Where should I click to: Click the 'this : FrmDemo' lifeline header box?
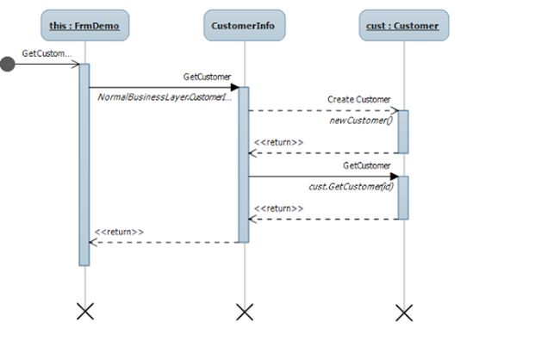(84, 26)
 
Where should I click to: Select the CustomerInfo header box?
(244, 26)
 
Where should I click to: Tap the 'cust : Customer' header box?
(403, 26)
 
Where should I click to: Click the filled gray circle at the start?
(8, 65)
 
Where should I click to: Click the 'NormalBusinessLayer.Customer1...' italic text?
(165, 97)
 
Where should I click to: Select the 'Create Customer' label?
(359, 100)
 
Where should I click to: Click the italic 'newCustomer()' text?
(362, 121)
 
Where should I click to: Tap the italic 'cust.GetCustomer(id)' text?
(352, 186)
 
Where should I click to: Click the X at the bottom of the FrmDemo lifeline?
(84, 311)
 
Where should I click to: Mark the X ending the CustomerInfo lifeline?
(245, 311)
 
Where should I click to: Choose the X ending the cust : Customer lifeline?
(403, 311)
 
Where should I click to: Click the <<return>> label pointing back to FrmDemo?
(119, 232)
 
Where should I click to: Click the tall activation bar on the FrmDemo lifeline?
(84, 164)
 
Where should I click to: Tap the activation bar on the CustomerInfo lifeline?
(244, 164)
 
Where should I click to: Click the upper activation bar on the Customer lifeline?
(403, 131)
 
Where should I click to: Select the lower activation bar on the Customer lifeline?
(403, 197)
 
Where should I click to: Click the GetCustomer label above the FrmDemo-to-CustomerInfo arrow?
(207, 77)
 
